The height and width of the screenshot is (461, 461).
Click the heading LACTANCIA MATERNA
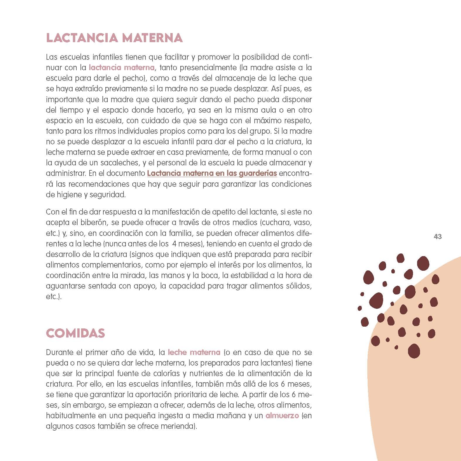114,38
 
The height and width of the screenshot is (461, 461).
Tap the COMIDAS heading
75,333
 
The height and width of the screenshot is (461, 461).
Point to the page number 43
438,237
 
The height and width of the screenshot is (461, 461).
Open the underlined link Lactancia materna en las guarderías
212,173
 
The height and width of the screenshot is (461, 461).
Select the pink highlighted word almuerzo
282,416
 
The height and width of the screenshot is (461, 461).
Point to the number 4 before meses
174,244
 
